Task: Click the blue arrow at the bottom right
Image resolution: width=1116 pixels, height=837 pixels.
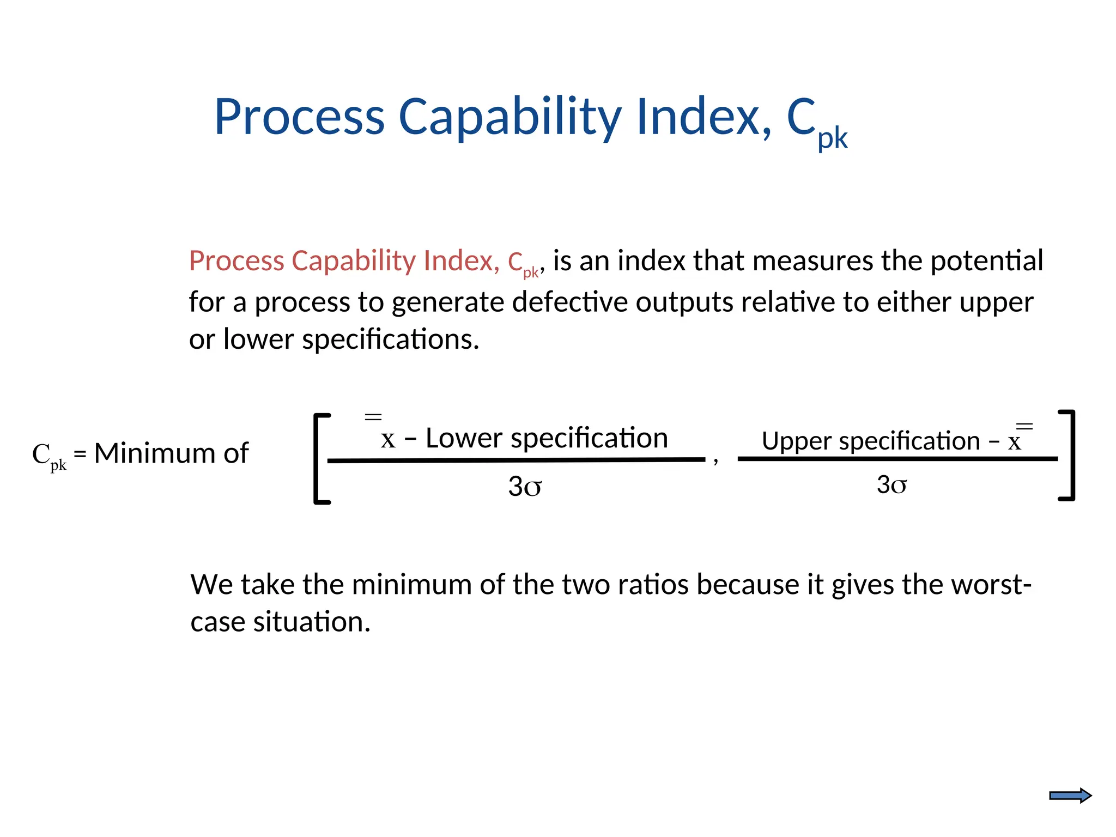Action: [1070, 796]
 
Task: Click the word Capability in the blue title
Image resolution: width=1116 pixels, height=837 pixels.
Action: [510, 117]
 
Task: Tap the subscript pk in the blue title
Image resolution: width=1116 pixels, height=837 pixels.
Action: [832, 138]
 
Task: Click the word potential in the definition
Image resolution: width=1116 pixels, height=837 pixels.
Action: [987, 260]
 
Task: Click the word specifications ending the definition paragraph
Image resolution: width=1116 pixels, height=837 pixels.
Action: [390, 339]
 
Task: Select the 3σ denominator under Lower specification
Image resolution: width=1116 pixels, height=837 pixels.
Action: [525, 486]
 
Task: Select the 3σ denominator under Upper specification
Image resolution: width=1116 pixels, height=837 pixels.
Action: [891, 484]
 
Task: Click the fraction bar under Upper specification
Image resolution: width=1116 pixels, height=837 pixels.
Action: [897, 459]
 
